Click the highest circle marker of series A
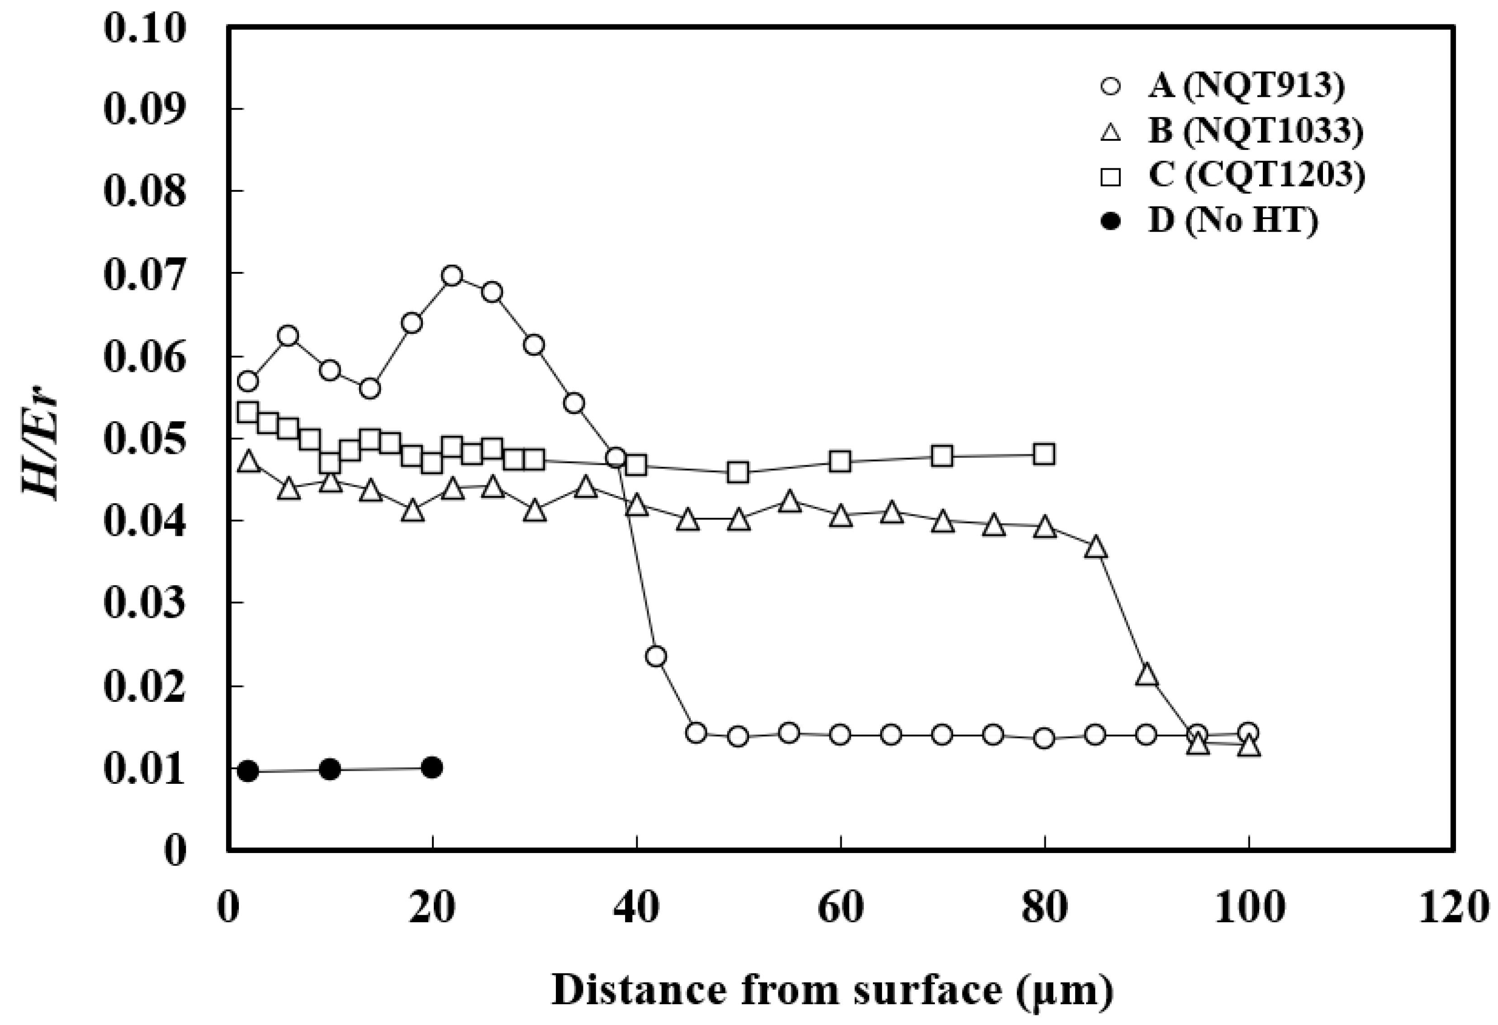click(x=452, y=276)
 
